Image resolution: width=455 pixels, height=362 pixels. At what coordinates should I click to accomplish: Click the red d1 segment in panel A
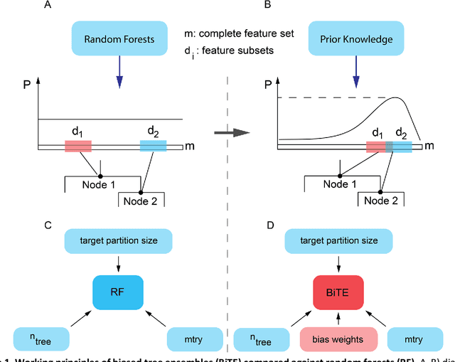[x=78, y=146]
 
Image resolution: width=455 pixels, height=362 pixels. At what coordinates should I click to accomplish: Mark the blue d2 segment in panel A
[x=153, y=146]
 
